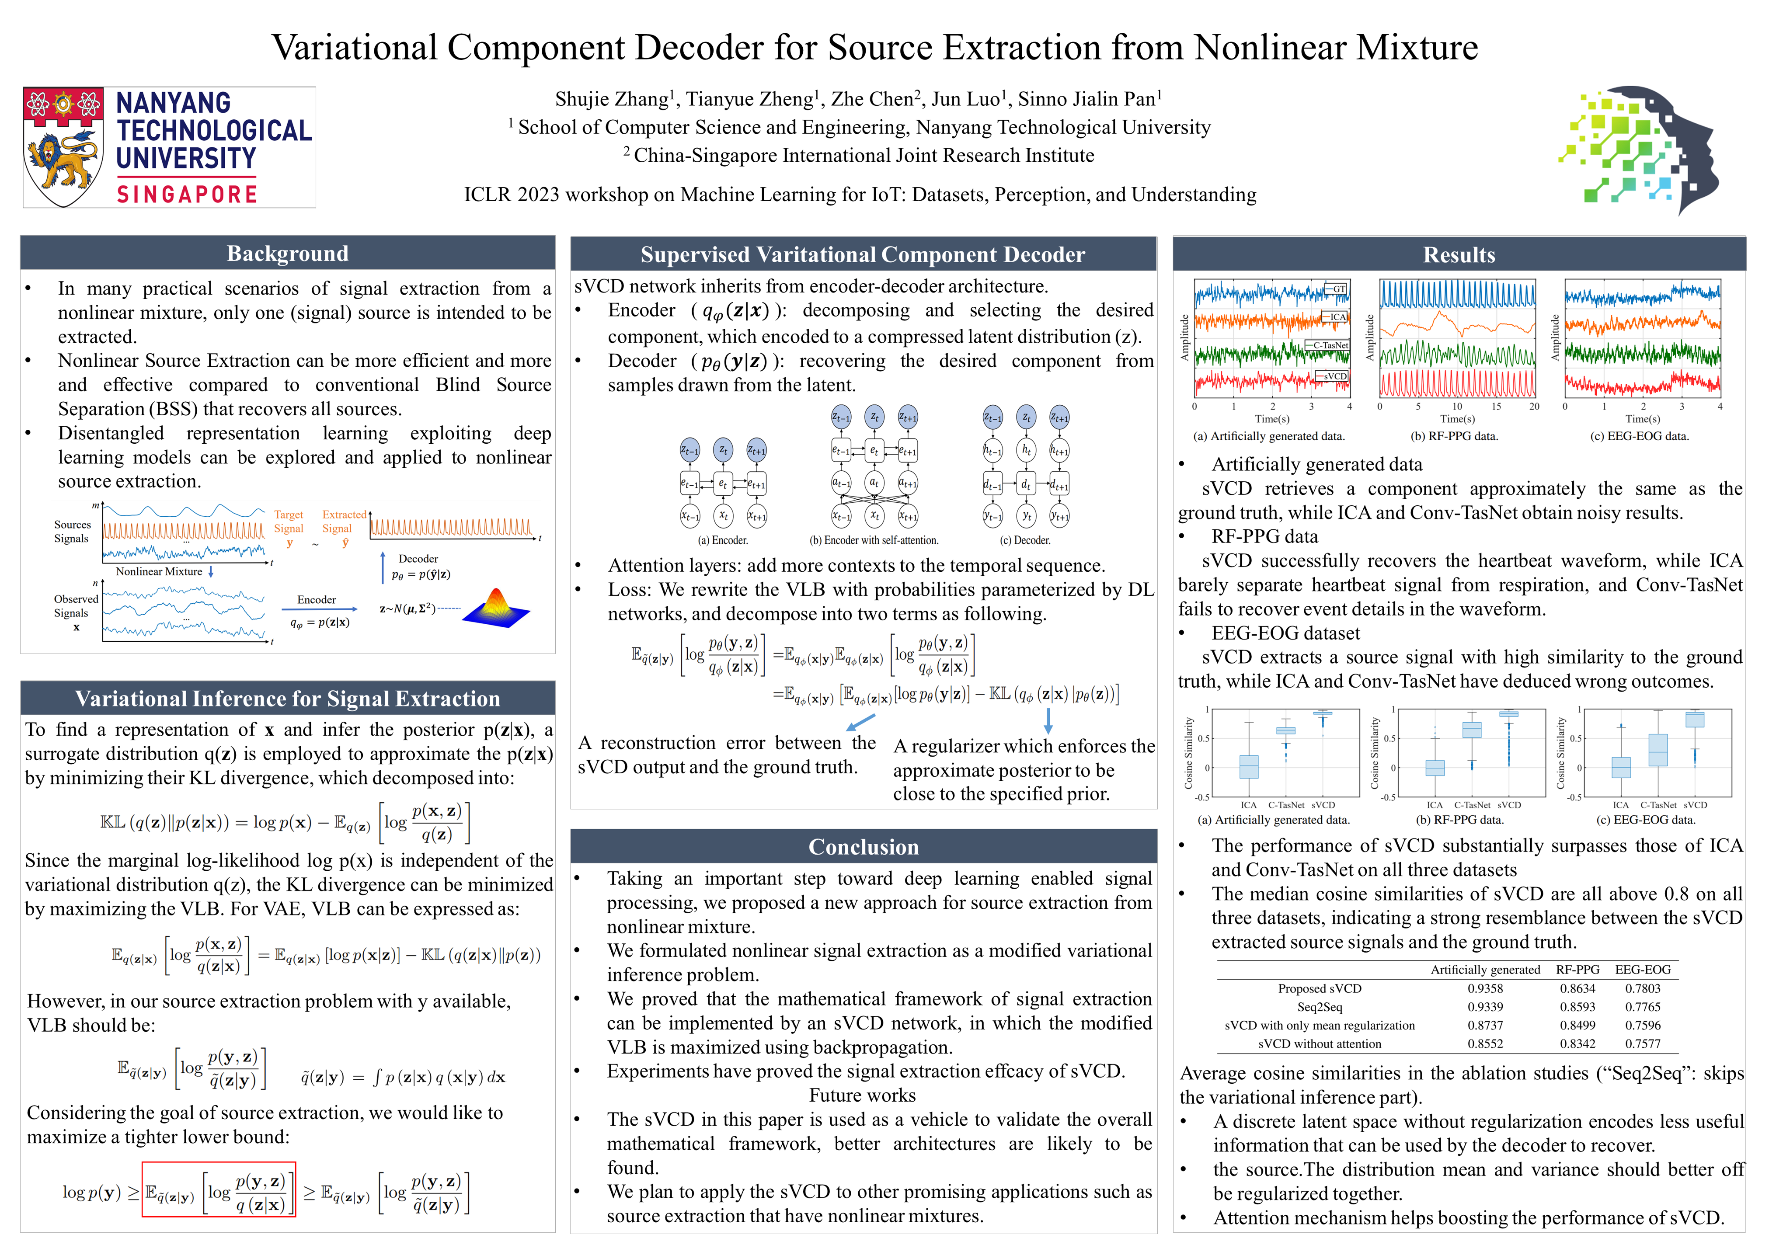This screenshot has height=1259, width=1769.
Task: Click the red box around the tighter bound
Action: [x=219, y=1189]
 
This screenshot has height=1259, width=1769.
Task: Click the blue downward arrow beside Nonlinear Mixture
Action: [x=211, y=571]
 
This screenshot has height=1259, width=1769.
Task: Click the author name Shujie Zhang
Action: [x=611, y=99]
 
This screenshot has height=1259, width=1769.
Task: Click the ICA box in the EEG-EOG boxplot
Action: [x=1620, y=768]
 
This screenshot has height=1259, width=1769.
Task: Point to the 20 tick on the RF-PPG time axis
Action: [x=1533, y=406]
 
